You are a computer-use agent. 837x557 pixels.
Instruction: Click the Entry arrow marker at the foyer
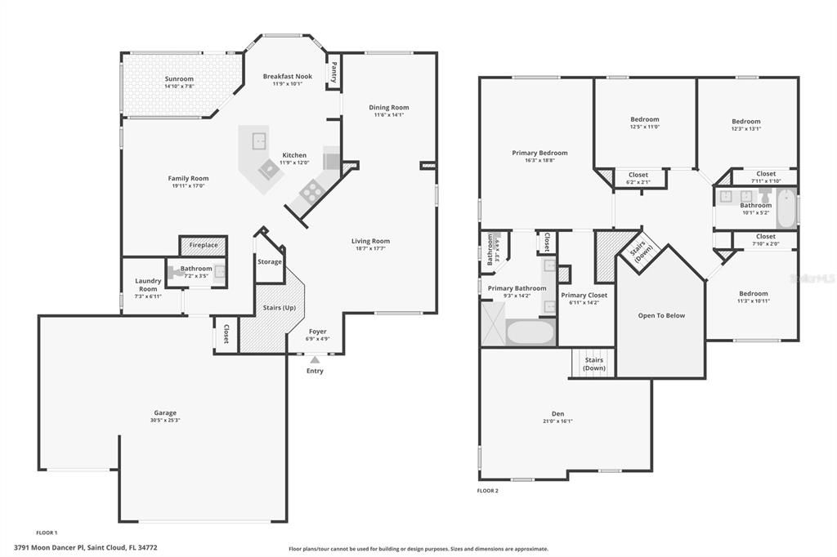[315, 359]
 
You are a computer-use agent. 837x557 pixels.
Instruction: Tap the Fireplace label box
[204, 245]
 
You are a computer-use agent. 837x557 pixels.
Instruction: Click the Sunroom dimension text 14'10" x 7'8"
[179, 87]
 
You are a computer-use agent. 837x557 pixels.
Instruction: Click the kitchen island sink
[260, 140]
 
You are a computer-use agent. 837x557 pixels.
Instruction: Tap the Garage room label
[165, 412]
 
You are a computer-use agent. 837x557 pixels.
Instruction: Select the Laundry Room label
[148, 284]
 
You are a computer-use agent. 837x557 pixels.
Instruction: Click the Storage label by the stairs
[270, 262]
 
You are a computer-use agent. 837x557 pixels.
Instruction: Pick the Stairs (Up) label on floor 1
[278, 307]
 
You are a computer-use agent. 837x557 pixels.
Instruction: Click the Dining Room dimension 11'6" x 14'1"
[389, 115]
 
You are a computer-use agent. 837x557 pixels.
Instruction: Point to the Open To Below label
[661, 315]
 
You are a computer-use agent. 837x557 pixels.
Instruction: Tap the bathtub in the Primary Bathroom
[530, 332]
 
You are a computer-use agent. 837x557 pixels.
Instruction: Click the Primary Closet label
[584, 295]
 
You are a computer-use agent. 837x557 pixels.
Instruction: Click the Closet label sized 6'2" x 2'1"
[638, 175]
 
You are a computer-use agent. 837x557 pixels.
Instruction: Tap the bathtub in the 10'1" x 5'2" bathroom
[786, 207]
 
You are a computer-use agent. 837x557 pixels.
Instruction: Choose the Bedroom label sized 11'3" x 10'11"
[753, 294]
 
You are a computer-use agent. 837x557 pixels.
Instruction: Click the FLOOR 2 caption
[487, 491]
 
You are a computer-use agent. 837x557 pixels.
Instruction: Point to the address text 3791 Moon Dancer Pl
[85, 548]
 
